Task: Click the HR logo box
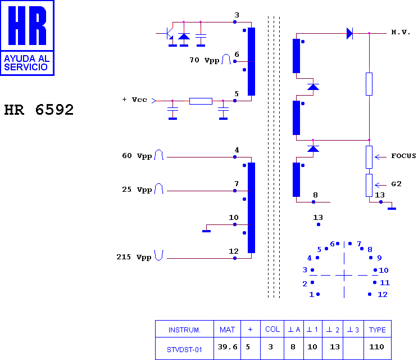[x=27, y=38]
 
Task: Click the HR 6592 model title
[x=39, y=110]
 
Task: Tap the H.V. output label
[x=401, y=32]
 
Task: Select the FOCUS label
[x=403, y=156]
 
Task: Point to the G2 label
[x=396, y=184]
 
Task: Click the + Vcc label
[x=135, y=100]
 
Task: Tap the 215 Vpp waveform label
[x=134, y=257]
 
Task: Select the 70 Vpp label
[x=204, y=60]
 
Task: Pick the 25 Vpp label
[x=137, y=190]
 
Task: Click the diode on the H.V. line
[x=349, y=34]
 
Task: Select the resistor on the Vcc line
[x=201, y=101]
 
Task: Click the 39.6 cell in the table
[x=227, y=347]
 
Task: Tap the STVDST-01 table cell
[x=184, y=349]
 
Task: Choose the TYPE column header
[x=377, y=330]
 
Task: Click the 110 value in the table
[x=376, y=347]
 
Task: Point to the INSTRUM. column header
[x=184, y=330]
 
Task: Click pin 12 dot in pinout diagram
[x=370, y=294]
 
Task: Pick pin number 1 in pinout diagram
[x=311, y=295]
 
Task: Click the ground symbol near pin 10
[x=206, y=231]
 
